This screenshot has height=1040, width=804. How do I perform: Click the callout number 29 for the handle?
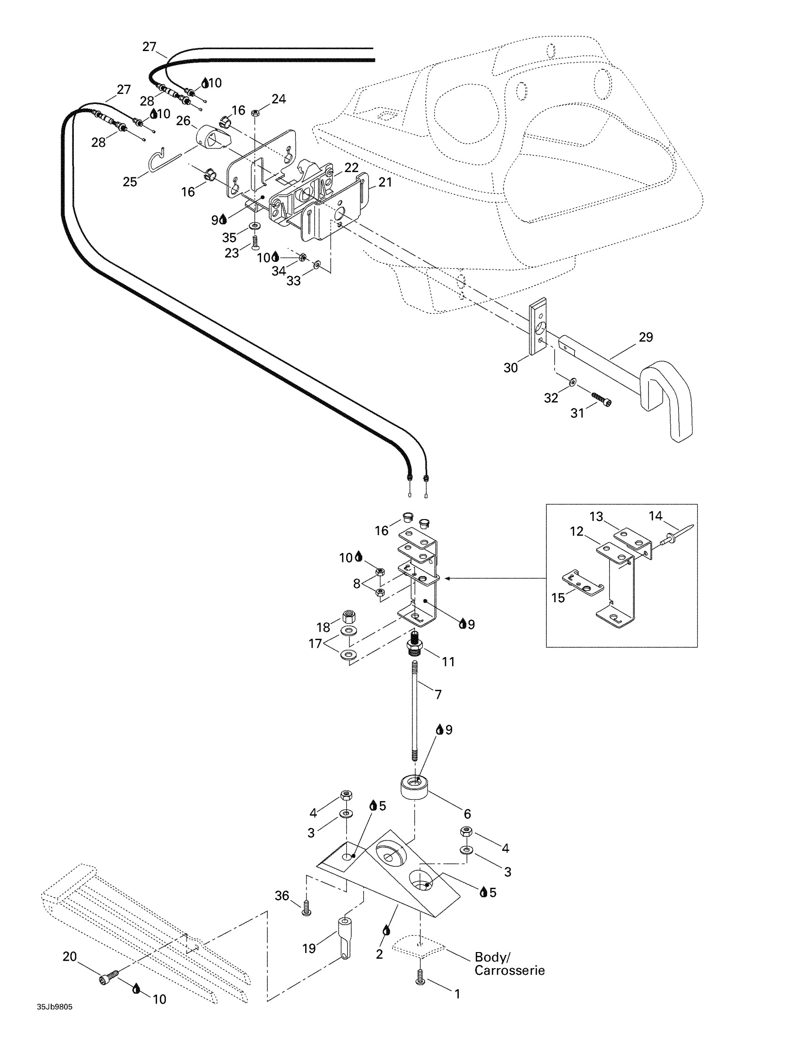tap(646, 337)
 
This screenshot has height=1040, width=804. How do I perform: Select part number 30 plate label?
tap(511, 368)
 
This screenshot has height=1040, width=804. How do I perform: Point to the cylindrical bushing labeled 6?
tap(415, 788)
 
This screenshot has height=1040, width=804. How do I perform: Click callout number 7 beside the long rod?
tap(438, 694)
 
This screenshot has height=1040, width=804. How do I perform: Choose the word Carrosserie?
tap(510, 971)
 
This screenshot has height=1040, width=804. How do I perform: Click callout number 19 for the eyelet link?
tap(309, 948)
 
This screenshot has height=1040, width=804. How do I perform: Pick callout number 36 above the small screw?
tap(282, 896)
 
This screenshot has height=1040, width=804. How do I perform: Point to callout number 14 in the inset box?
tap(655, 516)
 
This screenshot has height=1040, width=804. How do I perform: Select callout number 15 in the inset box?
tap(558, 598)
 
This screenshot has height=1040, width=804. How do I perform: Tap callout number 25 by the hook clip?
tap(130, 182)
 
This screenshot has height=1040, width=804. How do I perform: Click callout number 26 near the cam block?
tap(184, 121)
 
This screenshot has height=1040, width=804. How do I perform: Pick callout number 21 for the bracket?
tap(385, 182)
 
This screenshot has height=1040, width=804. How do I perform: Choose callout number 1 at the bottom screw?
tap(457, 994)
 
